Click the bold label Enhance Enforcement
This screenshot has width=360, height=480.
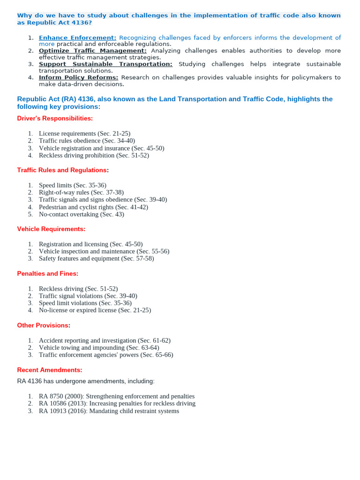(77, 37)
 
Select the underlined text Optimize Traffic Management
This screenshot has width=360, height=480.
(92, 51)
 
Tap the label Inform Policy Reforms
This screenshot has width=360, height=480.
(78, 77)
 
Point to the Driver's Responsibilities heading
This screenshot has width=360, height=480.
(55, 119)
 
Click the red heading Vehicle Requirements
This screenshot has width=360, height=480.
(51, 229)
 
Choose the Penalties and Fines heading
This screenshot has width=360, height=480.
(47, 273)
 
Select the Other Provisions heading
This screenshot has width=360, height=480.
(43, 325)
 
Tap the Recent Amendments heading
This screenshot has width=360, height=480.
(49, 369)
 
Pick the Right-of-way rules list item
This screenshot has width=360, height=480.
(81, 192)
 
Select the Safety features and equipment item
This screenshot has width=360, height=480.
(96, 258)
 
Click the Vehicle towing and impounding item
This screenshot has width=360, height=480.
(99, 348)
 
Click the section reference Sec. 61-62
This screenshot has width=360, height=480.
(154, 340)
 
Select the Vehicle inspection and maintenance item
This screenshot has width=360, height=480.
(104, 251)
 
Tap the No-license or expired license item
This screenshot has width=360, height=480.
(95, 310)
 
